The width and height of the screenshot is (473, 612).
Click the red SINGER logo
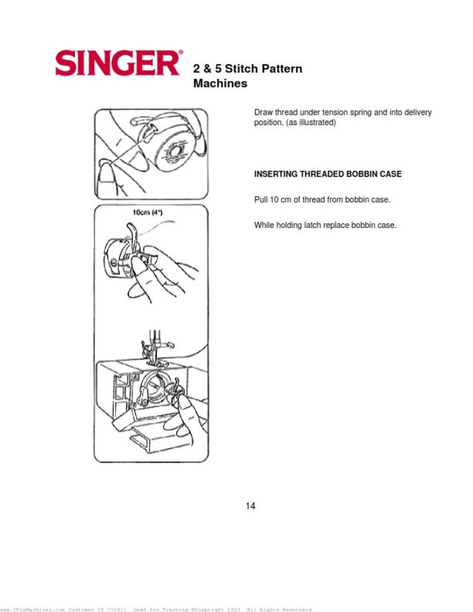click(x=116, y=63)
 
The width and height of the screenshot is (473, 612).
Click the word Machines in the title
click(x=220, y=83)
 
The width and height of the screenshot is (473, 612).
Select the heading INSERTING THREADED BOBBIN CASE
click(x=328, y=174)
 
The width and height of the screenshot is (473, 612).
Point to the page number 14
click(x=250, y=506)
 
